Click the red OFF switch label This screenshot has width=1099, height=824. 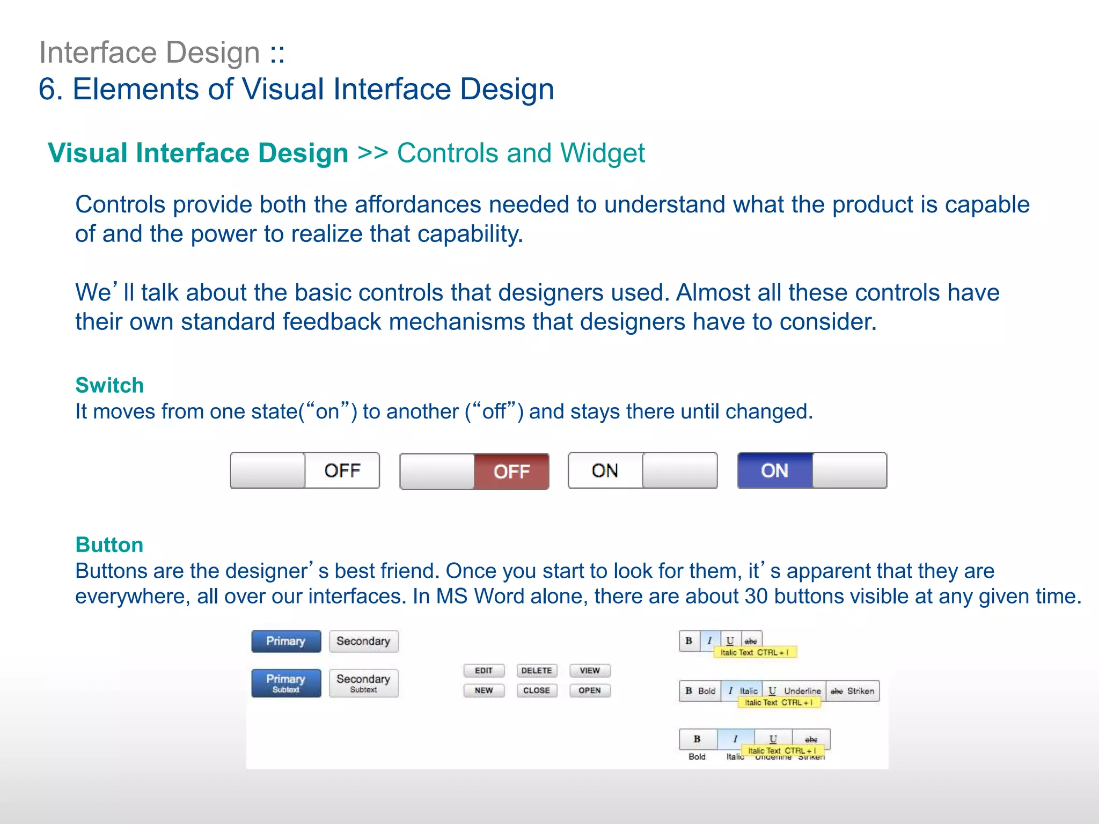click(x=511, y=472)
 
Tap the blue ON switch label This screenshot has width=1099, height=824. click(x=774, y=470)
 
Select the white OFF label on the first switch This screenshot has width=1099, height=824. click(x=342, y=470)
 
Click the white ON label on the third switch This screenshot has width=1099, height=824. click(x=605, y=470)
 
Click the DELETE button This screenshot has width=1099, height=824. click(x=537, y=671)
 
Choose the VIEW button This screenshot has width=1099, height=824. click(x=590, y=671)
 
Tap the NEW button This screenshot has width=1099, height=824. click(x=483, y=690)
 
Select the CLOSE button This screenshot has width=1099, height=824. click(x=537, y=690)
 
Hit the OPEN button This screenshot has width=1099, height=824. click(x=590, y=690)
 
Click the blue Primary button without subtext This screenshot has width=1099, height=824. click(x=286, y=641)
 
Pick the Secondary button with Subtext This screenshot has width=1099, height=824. click(x=363, y=683)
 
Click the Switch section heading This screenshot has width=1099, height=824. click(x=109, y=385)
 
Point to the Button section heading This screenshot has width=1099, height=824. click(x=109, y=545)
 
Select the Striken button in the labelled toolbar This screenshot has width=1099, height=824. click(x=853, y=691)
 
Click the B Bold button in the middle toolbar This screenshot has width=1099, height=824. click(x=700, y=691)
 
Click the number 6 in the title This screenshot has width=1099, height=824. click(x=47, y=89)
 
